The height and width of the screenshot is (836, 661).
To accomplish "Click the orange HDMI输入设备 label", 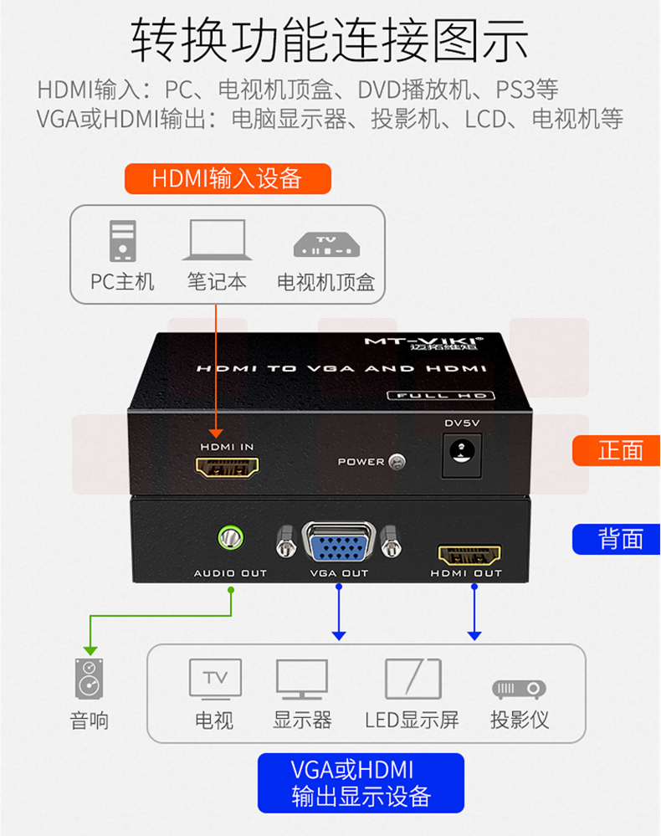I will tap(228, 179).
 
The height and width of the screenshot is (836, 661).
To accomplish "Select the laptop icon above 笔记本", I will tap(217, 241).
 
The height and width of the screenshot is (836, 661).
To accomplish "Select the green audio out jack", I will tap(229, 536).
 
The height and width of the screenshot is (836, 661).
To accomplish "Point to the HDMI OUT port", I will tap(469, 553).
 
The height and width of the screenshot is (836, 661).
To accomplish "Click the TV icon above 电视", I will tap(215, 678).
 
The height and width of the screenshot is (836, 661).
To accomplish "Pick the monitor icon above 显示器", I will tap(302, 679).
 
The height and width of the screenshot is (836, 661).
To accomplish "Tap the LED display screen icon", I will tap(412, 679).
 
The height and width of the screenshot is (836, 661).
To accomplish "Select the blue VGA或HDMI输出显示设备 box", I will tap(361, 782).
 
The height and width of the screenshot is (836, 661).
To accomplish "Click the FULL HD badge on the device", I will tap(439, 395).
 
